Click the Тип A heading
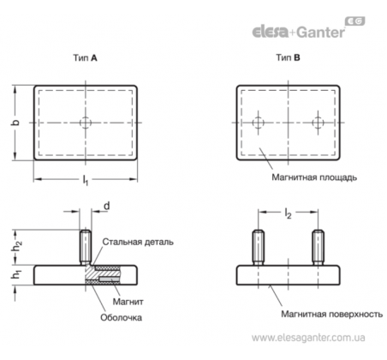click(x=85, y=58)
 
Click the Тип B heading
click(x=288, y=57)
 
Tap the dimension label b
click(x=15, y=123)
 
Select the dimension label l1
click(x=86, y=180)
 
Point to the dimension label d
click(x=106, y=206)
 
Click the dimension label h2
click(x=16, y=247)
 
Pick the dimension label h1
click(x=16, y=275)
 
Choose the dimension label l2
click(x=288, y=213)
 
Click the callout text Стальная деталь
click(x=138, y=242)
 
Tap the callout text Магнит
click(x=128, y=302)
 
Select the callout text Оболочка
click(x=121, y=318)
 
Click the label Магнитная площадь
click(x=314, y=177)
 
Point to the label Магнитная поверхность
click(x=332, y=315)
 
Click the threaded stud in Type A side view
click(x=86, y=247)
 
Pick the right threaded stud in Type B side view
click(x=318, y=248)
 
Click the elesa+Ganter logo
click(x=308, y=28)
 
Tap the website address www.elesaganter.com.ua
click(x=308, y=338)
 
